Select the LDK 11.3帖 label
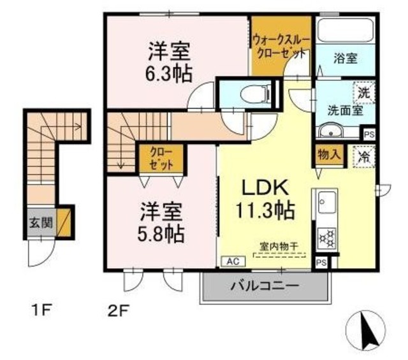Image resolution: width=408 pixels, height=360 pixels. coord(266,198)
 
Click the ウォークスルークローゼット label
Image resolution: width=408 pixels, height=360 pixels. coord(281,47)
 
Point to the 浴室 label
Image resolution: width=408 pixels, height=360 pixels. coord(346,59)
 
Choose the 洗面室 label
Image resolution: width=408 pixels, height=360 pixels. coord(346,109)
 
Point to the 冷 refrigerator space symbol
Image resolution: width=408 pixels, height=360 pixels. coord(364,155)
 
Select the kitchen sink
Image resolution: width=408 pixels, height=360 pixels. coord(326,203)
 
